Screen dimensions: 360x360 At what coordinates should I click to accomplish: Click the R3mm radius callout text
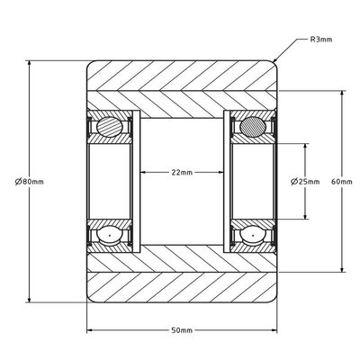coord(321,40)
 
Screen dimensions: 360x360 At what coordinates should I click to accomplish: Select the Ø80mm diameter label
coord(30,182)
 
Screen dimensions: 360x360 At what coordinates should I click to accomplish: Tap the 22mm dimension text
coord(182,172)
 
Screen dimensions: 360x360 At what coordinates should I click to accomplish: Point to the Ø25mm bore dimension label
coord(305,182)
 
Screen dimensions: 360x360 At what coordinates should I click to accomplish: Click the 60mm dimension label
coord(342,182)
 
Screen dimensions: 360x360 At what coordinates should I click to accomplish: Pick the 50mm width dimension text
coord(182,330)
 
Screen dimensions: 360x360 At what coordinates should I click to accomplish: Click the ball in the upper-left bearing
coord(110,127)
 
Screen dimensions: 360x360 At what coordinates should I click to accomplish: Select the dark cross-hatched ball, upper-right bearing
coord(253,127)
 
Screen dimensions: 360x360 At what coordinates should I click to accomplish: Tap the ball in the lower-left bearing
coord(110,235)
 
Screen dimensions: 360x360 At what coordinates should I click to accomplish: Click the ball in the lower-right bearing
coord(253,235)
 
